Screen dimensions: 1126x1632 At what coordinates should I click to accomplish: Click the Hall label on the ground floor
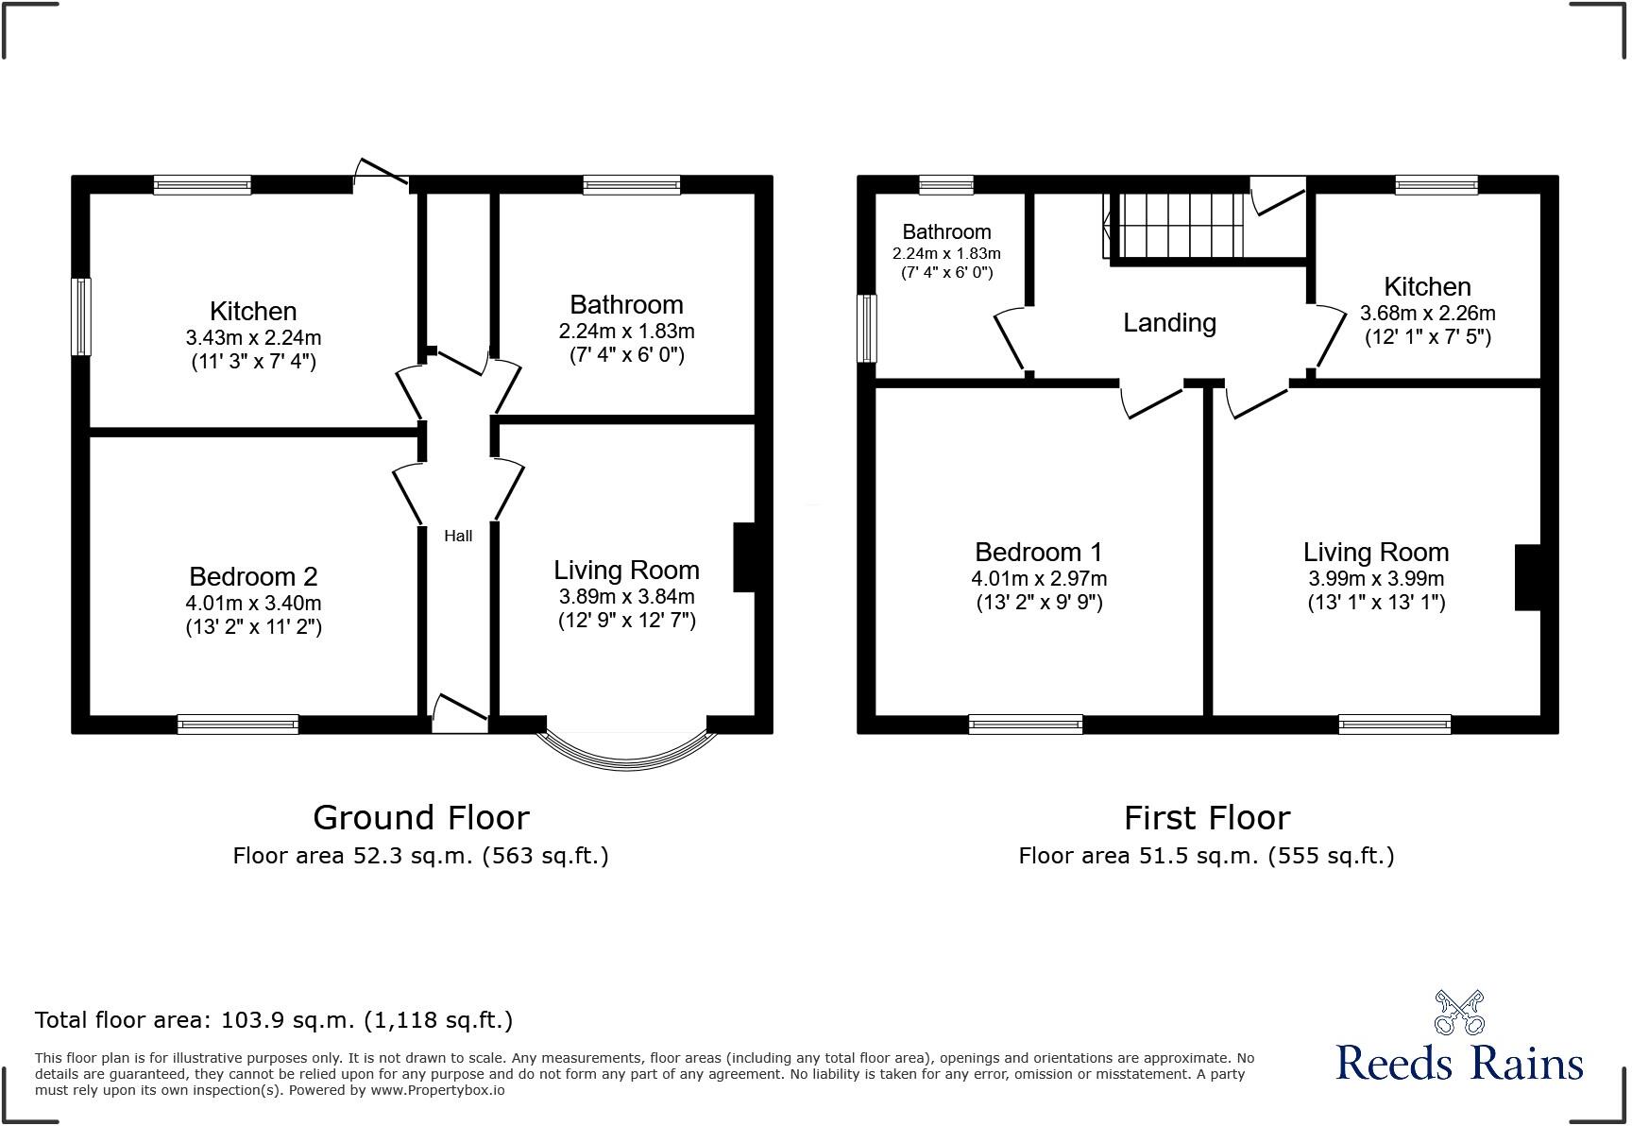coord(458,536)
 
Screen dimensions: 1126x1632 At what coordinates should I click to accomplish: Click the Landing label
coord(1169,323)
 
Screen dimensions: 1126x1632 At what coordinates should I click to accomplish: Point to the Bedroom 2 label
coord(253,576)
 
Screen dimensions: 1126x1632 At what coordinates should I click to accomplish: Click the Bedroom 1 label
coord(1038,552)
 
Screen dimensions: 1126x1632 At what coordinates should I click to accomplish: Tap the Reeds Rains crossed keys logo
coord(1458,1013)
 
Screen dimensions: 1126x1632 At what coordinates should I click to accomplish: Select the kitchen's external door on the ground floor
coord(381,173)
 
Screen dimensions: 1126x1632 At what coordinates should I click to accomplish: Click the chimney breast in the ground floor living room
coord(744,557)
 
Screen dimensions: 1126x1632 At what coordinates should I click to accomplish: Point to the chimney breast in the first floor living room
coord(1528,577)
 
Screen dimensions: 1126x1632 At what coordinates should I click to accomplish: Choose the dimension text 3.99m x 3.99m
coord(1375,578)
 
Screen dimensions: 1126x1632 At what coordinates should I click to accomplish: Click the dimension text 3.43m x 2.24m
coord(253,337)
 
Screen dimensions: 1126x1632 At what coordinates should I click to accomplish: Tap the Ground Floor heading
coord(420,817)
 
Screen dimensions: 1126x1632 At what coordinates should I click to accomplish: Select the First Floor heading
coord(1206,817)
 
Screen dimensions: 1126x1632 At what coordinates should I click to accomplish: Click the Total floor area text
coord(274,1020)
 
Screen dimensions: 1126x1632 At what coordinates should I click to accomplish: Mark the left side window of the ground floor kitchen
coord(82,316)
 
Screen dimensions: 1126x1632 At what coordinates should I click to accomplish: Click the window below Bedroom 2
coord(238,725)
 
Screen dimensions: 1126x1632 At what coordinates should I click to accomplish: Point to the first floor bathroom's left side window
coord(866,328)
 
